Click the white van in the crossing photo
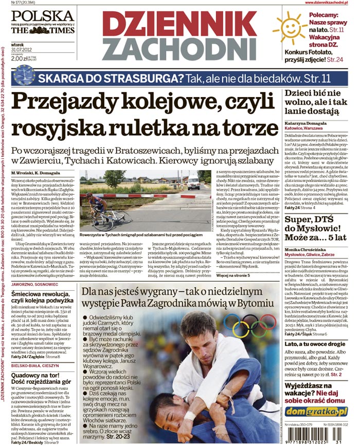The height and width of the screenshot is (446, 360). coord(193,181)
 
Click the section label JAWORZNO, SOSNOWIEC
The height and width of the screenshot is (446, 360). coord(32,282)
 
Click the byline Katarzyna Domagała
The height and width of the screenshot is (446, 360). coord(308,123)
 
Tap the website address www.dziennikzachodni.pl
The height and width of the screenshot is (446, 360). coord(331,4)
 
